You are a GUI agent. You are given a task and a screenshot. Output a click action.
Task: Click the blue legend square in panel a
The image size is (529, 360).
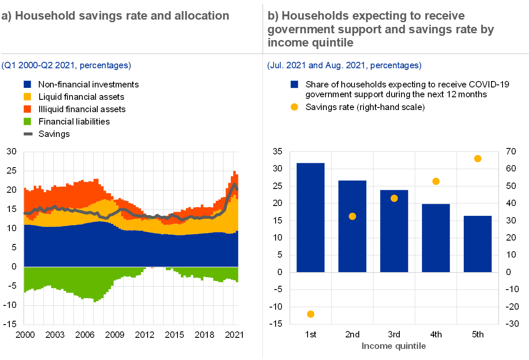point(27,84)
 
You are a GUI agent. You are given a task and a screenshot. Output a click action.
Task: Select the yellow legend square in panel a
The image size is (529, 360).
point(27,97)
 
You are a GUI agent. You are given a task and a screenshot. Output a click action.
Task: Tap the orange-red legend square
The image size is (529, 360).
point(27,109)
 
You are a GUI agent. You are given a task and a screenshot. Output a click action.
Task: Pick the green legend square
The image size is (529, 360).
point(27,122)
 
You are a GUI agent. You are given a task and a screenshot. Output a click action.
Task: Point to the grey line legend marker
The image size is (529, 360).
point(28,134)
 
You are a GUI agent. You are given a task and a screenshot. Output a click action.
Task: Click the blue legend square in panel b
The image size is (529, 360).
point(294,84)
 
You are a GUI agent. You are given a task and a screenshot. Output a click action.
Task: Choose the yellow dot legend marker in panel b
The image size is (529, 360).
point(294,107)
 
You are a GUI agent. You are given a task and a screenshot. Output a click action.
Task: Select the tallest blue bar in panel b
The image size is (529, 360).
point(311,218)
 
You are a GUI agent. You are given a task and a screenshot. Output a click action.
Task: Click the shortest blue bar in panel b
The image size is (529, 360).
point(478,244)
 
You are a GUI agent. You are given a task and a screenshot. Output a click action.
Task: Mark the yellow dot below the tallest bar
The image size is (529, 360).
point(311,314)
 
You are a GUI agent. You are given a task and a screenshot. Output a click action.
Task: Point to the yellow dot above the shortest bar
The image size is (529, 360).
point(478,159)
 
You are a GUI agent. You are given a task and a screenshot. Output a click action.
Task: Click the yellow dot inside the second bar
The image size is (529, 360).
point(352,216)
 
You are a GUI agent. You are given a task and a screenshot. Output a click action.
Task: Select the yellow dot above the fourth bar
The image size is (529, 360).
point(436,181)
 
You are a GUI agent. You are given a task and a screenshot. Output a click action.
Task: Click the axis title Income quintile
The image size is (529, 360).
point(394,346)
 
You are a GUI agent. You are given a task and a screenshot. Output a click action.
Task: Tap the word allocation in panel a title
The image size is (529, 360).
point(202,16)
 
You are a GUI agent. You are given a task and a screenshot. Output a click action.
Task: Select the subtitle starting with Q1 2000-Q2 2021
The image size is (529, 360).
point(66,66)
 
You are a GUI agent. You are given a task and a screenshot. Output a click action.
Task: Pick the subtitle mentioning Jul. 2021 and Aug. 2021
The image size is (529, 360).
point(344,66)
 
